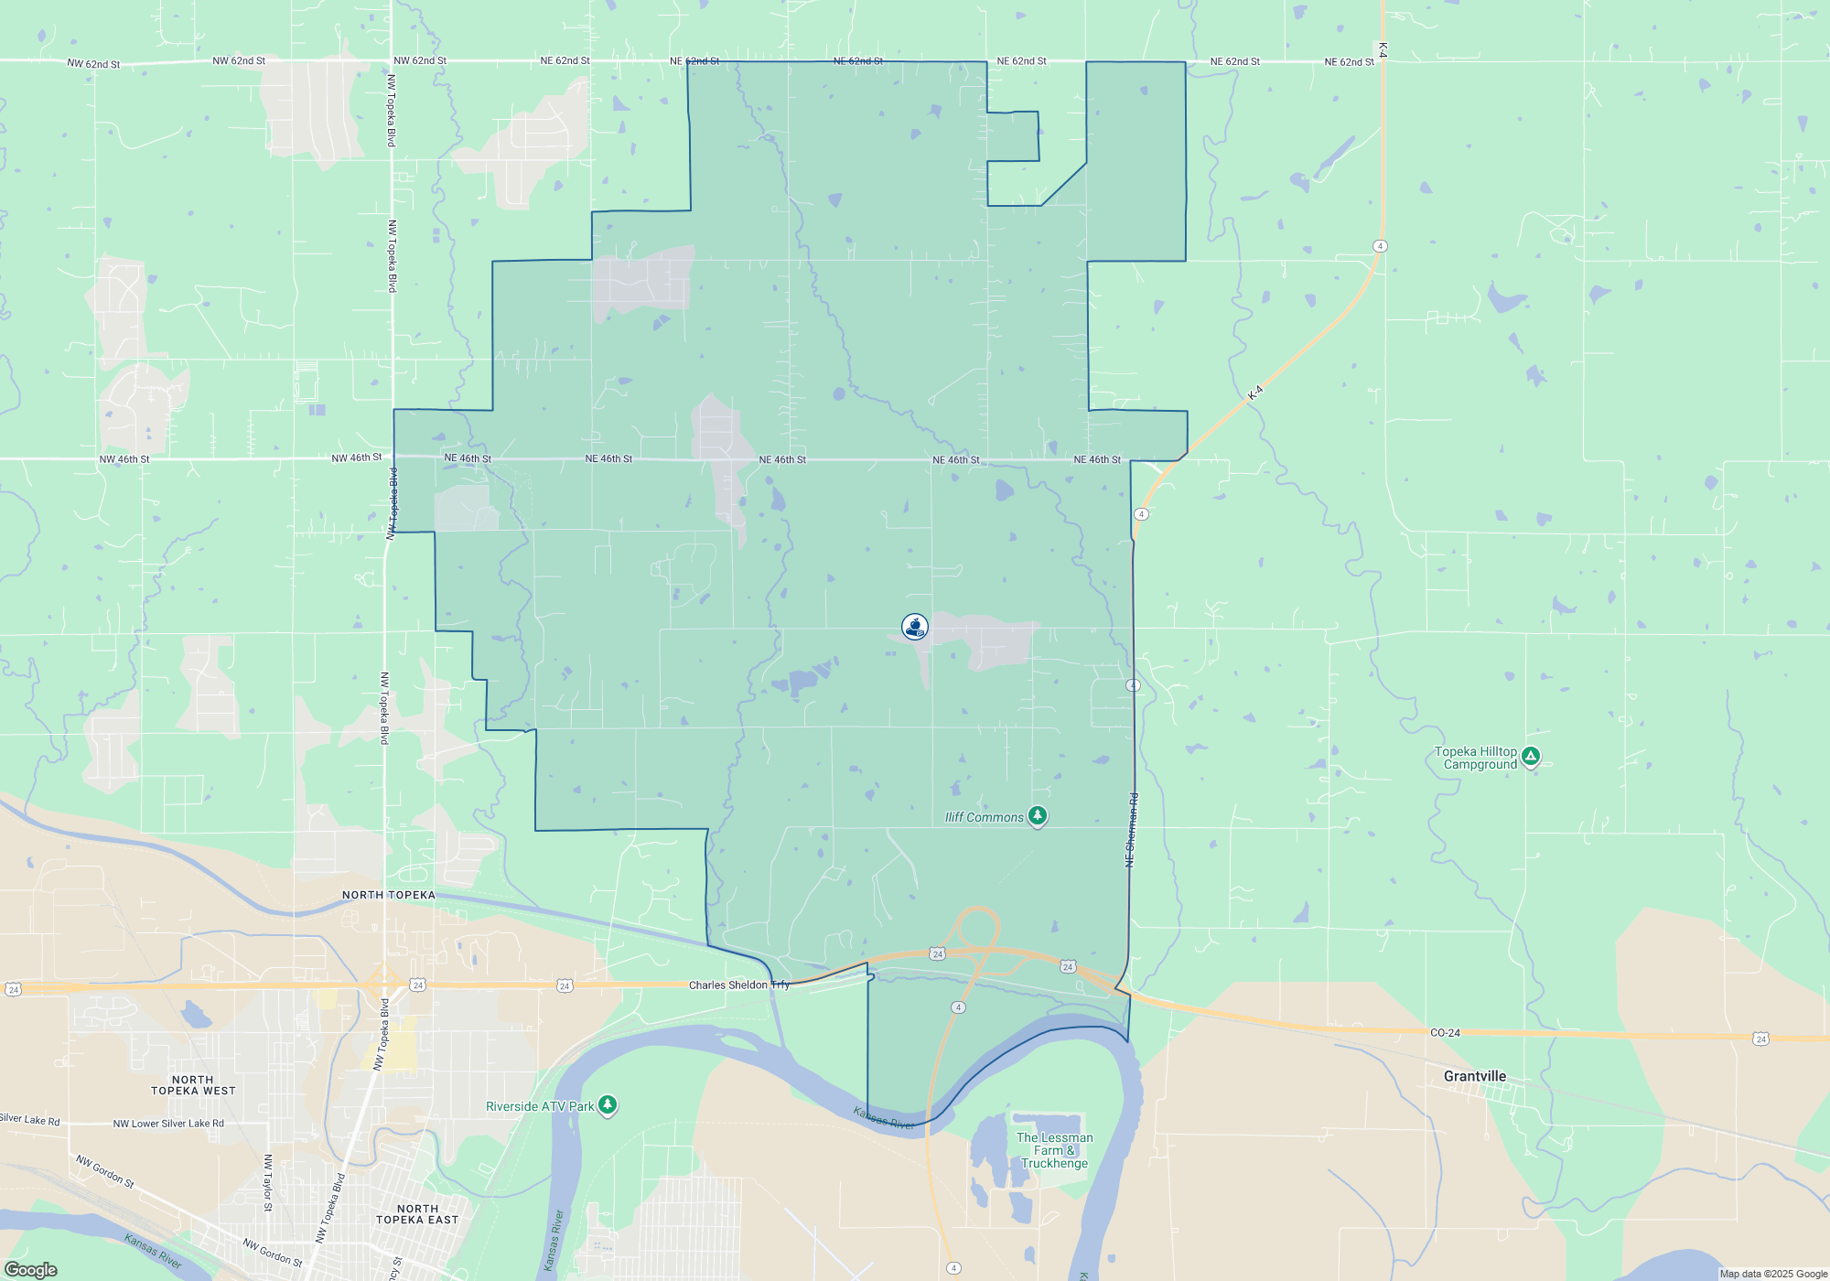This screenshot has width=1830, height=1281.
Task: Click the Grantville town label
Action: (1474, 1076)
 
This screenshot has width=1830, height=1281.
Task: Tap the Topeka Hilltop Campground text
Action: (1475, 758)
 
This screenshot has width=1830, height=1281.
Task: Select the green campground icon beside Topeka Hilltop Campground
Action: (1531, 757)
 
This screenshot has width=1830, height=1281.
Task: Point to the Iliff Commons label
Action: (984, 817)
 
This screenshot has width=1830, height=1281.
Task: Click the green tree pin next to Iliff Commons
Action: (1037, 814)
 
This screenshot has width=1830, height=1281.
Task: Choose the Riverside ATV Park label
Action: (540, 1106)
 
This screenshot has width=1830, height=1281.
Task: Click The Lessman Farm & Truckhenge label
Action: (1054, 1150)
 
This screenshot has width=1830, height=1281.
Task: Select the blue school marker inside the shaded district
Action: (915, 626)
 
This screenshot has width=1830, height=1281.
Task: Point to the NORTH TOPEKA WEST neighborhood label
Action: (193, 1085)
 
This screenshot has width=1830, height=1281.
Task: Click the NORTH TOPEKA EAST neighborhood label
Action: (417, 1214)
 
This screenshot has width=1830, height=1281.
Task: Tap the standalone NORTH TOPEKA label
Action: (389, 895)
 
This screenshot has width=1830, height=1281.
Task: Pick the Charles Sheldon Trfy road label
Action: (738, 985)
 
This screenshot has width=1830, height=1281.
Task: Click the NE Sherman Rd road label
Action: (1132, 830)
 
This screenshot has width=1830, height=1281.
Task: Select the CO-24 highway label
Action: (1445, 1032)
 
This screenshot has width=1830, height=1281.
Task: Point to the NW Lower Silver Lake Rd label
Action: (168, 1123)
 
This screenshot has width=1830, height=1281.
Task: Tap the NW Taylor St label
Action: (268, 1182)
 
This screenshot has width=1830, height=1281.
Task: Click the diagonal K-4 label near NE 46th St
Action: (1255, 393)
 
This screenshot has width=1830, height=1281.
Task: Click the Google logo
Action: (31, 1269)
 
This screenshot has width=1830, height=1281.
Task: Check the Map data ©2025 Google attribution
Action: (1773, 1274)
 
